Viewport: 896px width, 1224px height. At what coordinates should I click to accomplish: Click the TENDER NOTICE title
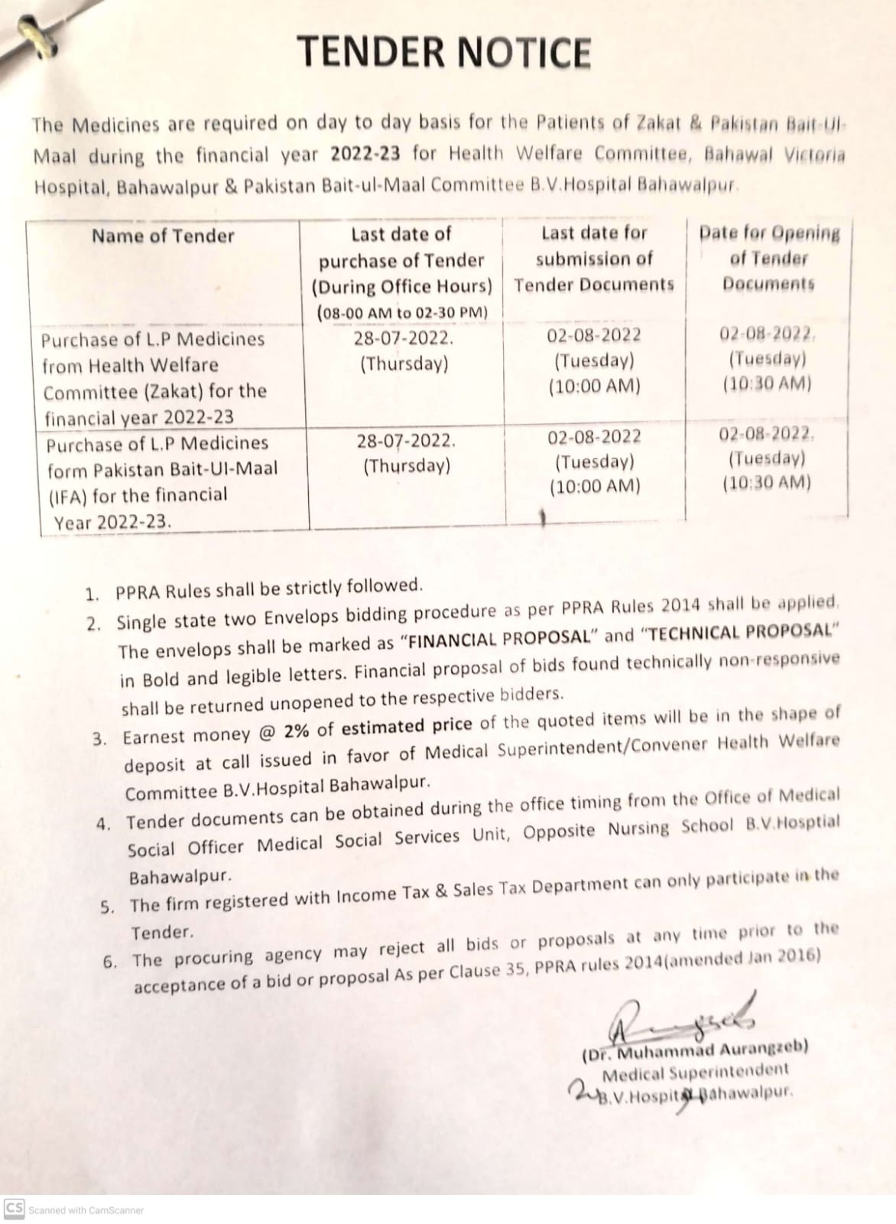pyautogui.click(x=444, y=52)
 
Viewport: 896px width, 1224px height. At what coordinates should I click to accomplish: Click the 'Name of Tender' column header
pyautogui.click(x=163, y=236)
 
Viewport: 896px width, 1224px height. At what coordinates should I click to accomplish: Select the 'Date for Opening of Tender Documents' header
pyautogui.click(x=769, y=258)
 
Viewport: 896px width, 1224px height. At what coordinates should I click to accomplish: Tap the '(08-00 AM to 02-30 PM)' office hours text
pyautogui.click(x=402, y=312)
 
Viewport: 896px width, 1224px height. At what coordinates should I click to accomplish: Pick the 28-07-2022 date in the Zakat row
pyautogui.click(x=404, y=337)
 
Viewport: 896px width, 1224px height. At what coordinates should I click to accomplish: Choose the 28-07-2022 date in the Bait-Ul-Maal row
pyautogui.click(x=406, y=441)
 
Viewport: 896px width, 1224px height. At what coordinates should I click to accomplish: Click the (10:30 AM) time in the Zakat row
pyautogui.click(x=767, y=384)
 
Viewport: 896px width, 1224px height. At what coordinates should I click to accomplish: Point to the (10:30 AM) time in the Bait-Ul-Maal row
pyautogui.click(x=767, y=483)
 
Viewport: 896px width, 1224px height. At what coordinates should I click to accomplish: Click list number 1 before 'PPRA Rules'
pyautogui.click(x=93, y=594)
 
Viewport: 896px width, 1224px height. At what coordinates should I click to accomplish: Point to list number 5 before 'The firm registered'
pyautogui.click(x=108, y=908)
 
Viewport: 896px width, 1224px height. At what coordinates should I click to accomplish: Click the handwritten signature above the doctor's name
pyautogui.click(x=680, y=1020)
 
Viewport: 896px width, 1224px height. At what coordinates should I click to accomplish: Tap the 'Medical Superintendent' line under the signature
pyautogui.click(x=695, y=1072)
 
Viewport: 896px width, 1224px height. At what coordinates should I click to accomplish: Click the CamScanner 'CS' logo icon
pyautogui.click(x=14, y=1208)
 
